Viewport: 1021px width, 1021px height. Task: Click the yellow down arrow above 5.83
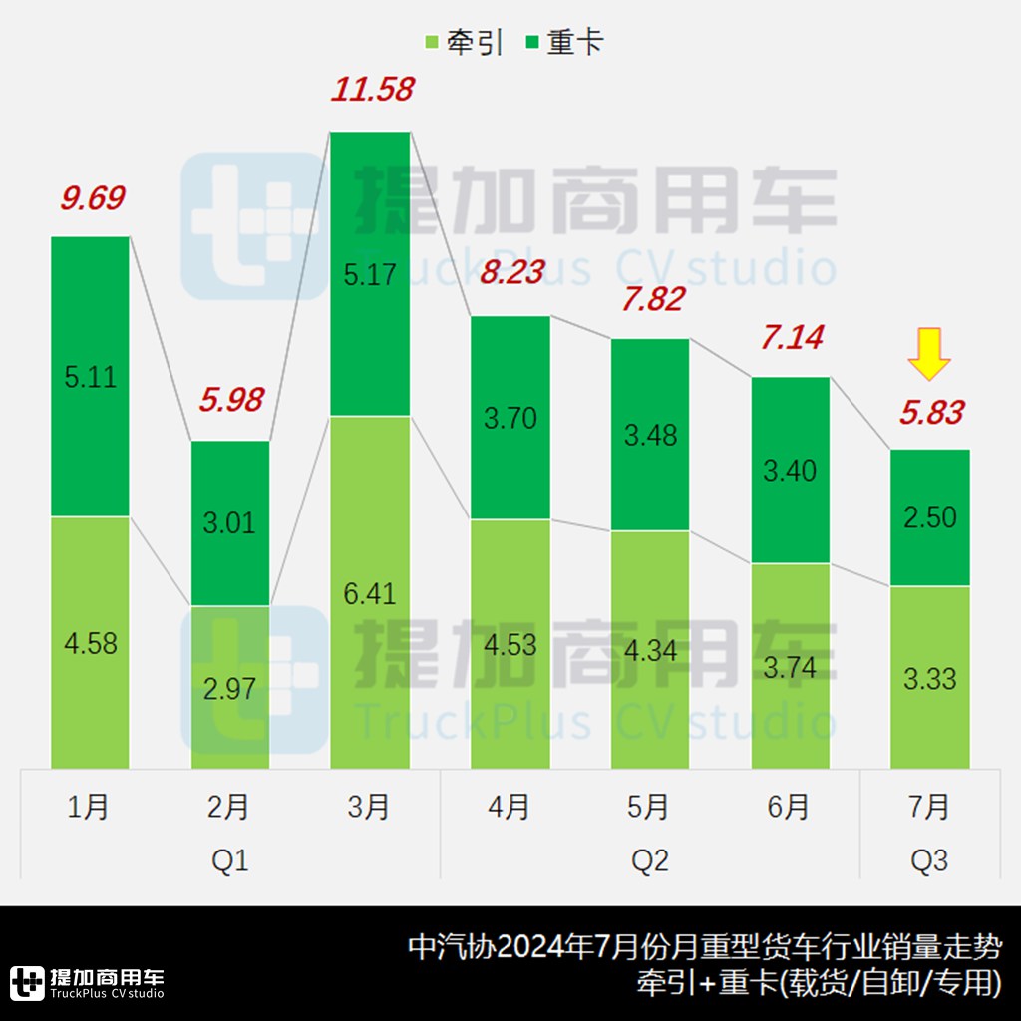pyautogui.click(x=929, y=356)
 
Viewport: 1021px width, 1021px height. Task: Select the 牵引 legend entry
pyautogui.click(x=464, y=43)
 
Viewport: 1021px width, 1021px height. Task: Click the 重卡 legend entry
pyautogui.click(x=564, y=43)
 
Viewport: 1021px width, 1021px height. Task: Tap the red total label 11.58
pyautogui.click(x=371, y=90)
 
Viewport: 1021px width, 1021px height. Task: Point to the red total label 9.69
pyautogui.click(x=92, y=198)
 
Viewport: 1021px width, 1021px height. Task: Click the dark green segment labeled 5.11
pyautogui.click(x=90, y=376)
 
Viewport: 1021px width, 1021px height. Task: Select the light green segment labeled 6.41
pyautogui.click(x=370, y=592)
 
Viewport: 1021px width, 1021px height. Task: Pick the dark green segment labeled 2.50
pyautogui.click(x=929, y=516)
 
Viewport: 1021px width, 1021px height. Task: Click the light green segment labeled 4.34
pyautogui.click(x=650, y=650)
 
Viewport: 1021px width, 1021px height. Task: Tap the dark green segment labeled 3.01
pyautogui.click(x=230, y=522)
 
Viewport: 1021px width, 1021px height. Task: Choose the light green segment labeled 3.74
pyautogui.click(x=790, y=666)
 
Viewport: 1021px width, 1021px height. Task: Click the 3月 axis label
pyautogui.click(x=370, y=807)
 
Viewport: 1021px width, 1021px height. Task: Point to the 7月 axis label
pyautogui.click(x=929, y=807)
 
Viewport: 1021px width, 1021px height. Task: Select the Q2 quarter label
pyautogui.click(x=650, y=859)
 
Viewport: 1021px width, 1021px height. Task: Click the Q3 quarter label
pyautogui.click(x=929, y=859)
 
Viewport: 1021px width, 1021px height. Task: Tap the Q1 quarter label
pyautogui.click(x=230, y=859)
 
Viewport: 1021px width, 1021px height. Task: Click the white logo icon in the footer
pyautogui.click(x=27, y=982)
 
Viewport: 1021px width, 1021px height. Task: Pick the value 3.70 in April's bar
pyautogui.click(x=510, y=417)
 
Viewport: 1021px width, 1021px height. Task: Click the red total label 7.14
pyautogui.click(x=792, y=338)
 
